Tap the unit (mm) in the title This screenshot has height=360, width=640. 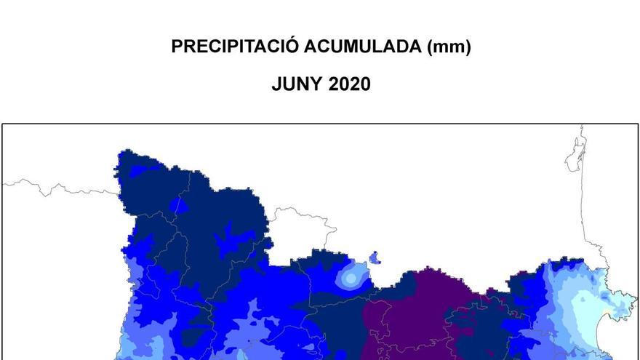[449, 47]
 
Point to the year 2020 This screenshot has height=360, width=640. [350, 84]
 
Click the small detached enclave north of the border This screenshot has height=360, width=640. [375, 257]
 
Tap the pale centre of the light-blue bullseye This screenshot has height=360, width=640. [351, 277]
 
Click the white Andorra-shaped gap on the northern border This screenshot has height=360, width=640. [295, 233]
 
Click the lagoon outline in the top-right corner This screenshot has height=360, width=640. [575, 155]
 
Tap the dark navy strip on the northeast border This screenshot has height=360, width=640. [567, 263]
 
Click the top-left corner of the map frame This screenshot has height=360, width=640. [2, 124]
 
